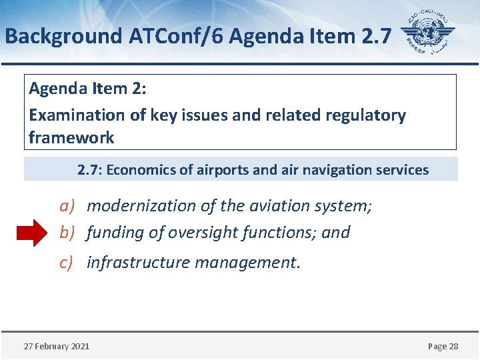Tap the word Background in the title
[x=62, y=35]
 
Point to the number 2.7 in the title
[x=375, y=35]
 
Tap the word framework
[x=71, y=138]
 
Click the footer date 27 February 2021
[x=57, y=346]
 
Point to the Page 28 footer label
[x=443, y=346]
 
